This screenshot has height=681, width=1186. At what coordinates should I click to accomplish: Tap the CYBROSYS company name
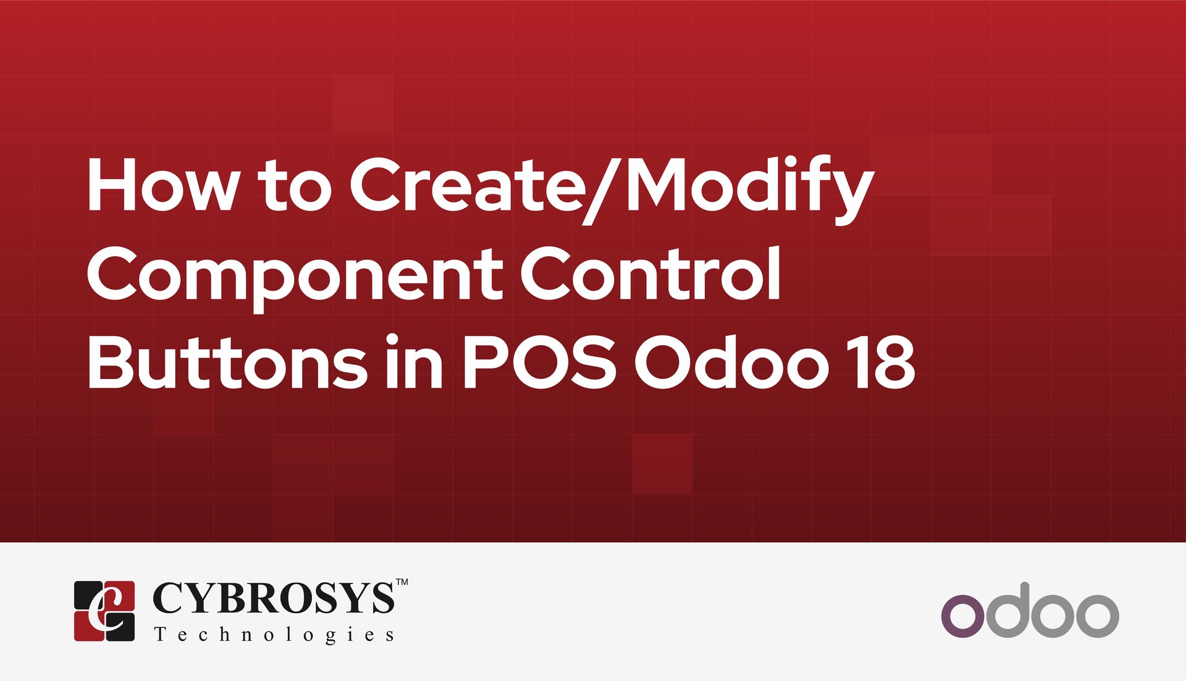point(272,598)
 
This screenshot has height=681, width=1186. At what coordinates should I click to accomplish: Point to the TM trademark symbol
point(402,582)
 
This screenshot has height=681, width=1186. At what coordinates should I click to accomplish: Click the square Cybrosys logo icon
point(104,611)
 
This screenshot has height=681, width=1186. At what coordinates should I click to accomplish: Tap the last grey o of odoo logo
point(1094,616)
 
